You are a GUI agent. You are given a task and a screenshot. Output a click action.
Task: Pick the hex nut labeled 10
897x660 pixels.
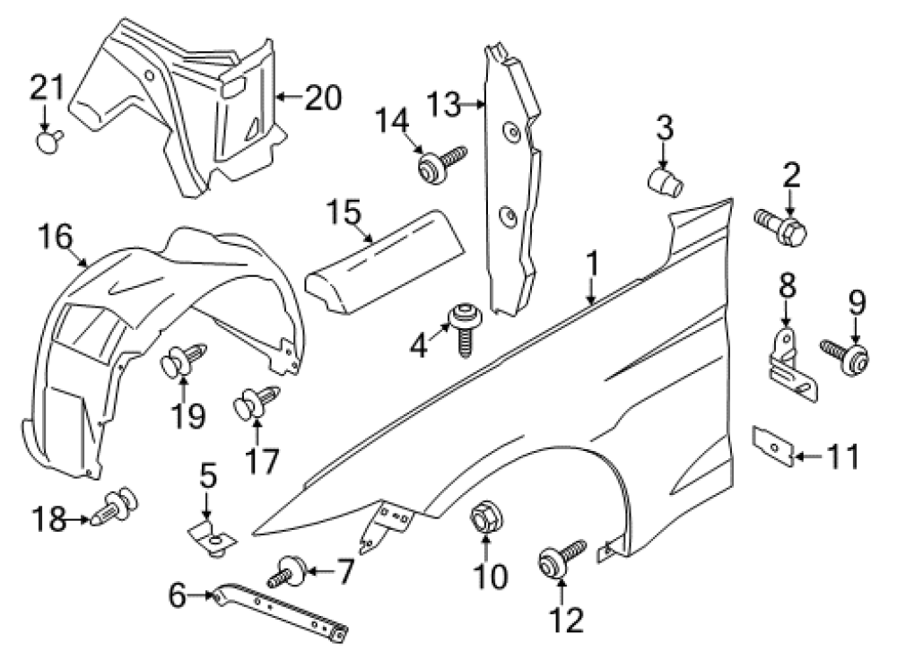pos(487,518)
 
